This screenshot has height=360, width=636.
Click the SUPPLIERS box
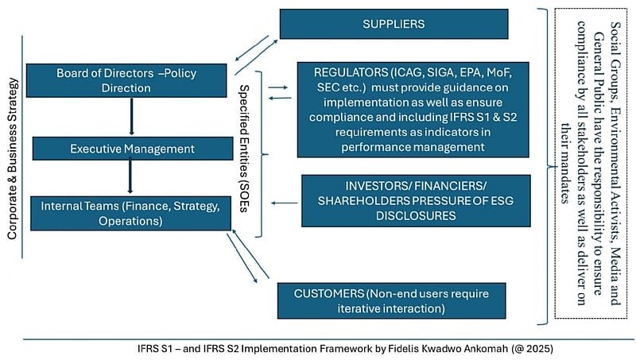pyautogui.click(x=394, y=24)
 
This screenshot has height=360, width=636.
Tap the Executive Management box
pyautogui.click(x=131, y=149)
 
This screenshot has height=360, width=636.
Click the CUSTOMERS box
pyautogui.click(x=391, y=300)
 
